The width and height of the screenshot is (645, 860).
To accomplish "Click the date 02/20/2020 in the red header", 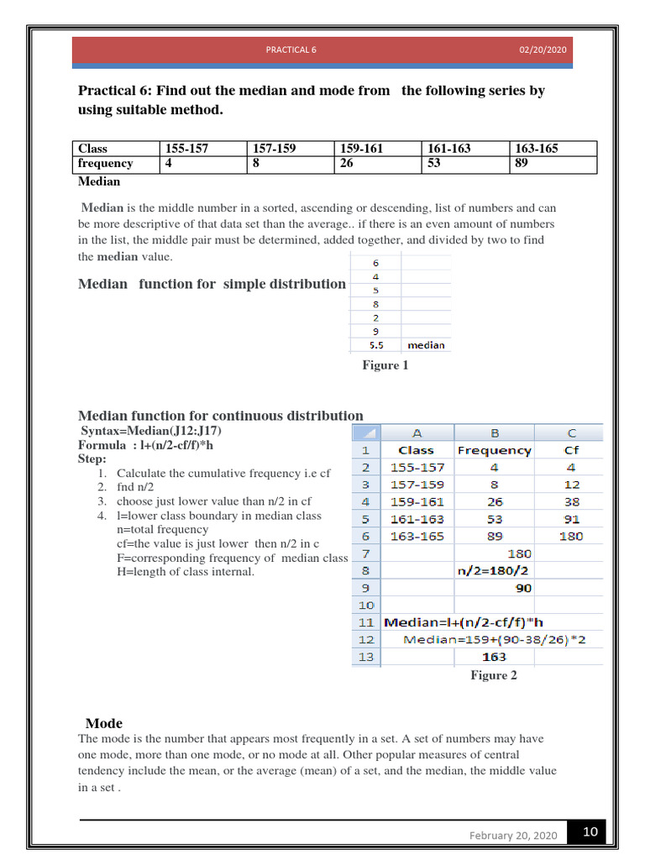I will click(543, 50).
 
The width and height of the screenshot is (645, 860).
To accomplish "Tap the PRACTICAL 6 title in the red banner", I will click(291, 50).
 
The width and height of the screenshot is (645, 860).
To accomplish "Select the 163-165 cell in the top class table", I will click(537, 149).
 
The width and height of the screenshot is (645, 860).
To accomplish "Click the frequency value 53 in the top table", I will click(434, 164).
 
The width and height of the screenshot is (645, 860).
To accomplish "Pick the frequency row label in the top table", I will click(105, 164).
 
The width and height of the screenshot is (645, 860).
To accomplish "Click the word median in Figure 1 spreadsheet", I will click(426, 345).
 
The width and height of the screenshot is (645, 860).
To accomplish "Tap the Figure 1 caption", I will click(385, 365).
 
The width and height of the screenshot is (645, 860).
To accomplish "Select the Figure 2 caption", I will click(494, 675).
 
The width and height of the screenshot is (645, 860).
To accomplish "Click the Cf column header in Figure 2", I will click(571, 450).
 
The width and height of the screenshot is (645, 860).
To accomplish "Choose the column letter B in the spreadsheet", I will click(494, 433).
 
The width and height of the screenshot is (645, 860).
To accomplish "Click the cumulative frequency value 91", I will click(571, 519).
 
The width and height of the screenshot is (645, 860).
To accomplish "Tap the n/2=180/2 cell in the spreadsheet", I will click(494, 570).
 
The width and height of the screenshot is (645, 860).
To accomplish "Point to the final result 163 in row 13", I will click(494, 657).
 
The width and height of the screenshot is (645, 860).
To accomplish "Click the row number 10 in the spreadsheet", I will click(365, 605).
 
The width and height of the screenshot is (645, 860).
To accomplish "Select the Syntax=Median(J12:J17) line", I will click(151, 431).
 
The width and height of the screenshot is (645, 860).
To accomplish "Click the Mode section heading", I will click(104, 723).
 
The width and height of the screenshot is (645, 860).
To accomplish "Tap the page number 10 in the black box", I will click(590, 832).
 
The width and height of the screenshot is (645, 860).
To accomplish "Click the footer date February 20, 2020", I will click(512, 836).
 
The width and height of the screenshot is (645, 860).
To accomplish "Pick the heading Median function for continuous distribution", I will click(220, 416).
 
